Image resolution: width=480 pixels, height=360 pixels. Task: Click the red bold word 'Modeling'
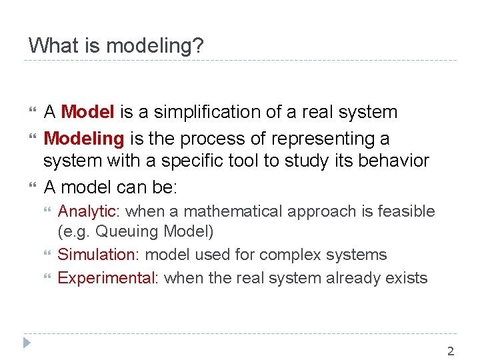(x=84, y=139)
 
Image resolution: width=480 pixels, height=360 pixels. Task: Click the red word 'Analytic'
(x=87, y=212)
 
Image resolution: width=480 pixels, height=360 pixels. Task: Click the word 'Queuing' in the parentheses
(x=123, y=232)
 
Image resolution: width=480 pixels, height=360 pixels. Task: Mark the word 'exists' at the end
(x=408, y=278)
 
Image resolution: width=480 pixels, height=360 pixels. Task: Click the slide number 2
(x=451, y=351)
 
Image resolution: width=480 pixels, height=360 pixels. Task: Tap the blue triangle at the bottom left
(x=27, y=344)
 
